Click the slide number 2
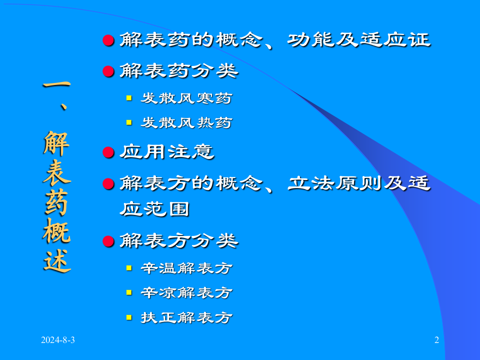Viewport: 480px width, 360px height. (x=436, y=341)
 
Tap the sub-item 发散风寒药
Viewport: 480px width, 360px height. (x=186, y=98)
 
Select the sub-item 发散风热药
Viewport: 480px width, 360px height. (x=186, y=122)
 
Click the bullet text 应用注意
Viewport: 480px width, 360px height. (x=167, y=152)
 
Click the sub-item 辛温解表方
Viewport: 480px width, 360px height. (x=186, y=268)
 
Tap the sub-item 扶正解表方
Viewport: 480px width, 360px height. (x=186, y=317)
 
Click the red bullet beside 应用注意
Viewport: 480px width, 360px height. (x=108, y=152)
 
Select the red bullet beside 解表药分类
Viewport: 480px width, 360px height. (x=108, y=71)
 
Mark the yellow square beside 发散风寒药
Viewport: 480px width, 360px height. (x=129, y=98)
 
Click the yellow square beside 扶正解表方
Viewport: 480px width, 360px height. (x=129, y=317)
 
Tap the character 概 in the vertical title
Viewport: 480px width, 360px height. (x=56, y=230)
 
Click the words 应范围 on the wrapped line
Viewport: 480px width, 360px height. (x=154, y=209)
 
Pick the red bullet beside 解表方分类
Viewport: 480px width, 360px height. (x=108, y=242)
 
